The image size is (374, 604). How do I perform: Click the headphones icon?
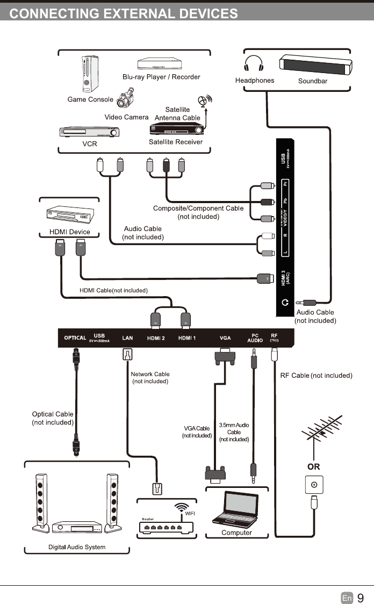coord(254,65)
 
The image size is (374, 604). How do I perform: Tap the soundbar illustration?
coord(316,65)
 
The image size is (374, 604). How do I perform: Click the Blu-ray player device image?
coord(157,64)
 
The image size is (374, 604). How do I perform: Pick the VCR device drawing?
coord(88,132)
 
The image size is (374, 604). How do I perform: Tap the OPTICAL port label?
coord(75,338)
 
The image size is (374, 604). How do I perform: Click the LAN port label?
coord(127,338)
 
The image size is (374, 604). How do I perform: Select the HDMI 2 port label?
coord(156,338)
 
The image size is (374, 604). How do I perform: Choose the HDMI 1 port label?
coord(187,338)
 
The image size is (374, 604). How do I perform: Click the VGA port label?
coord(225,338)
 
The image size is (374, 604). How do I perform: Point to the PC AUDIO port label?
coord(255,338)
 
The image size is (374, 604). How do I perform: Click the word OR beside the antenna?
coord(313,467)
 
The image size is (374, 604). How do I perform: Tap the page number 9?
coord(361,598)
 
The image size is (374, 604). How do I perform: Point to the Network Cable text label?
coord(150,374)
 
